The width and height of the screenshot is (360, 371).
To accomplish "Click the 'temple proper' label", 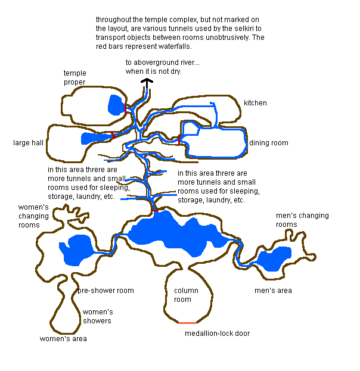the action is pos(75,77).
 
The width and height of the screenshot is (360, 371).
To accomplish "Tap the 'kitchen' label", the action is pos(255,103).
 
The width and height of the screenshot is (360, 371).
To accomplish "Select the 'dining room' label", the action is pos(269,143).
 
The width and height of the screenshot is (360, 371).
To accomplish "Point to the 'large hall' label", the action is pos(28,143).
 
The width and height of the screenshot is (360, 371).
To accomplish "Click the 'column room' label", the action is pos(186,295).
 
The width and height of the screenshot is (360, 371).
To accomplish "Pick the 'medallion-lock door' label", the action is pos(217,333).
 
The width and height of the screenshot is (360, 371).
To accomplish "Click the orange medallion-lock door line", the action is pos(187,323).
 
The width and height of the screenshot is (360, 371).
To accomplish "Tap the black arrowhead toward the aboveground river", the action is pos(147,81).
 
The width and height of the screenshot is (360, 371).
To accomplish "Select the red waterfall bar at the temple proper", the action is pos(126,108).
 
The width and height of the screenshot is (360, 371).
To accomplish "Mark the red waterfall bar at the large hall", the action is pos(113,135).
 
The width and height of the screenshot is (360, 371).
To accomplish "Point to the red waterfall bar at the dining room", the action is pos(179,139).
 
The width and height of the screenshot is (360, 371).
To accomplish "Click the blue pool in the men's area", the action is pos(275,258).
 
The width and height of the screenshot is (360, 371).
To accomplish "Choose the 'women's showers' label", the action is pos(98,316).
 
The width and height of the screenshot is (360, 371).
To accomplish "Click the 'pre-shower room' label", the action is pos(105,291).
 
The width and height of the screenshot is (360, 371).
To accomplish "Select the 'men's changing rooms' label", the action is pos(302,220).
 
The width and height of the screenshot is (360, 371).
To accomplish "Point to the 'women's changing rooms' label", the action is pos(33,216).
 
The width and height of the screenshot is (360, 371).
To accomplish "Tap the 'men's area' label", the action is pos(273,291).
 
